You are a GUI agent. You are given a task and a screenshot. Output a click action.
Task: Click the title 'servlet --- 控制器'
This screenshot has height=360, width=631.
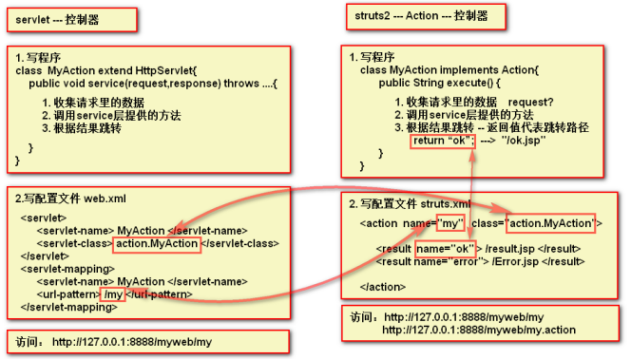[56, 18]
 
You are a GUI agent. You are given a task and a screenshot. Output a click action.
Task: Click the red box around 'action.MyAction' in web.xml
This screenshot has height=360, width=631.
[157, 244]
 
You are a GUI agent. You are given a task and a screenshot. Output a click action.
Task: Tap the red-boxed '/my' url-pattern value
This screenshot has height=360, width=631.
[113, 294]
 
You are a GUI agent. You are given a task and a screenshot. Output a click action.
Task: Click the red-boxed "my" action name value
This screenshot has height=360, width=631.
[448, 224]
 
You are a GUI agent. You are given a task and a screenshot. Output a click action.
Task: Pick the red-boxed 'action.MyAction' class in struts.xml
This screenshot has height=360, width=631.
[551, 224]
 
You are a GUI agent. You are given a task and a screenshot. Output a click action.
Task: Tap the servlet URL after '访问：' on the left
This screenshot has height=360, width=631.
[131, 341]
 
